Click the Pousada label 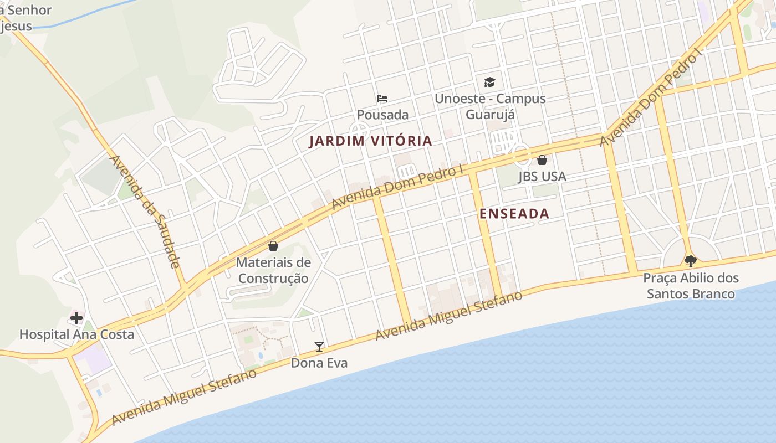(x=382, y=115)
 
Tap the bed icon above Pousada (x=382, y=99)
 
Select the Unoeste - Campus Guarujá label (x=490, y=106)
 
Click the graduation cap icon (x=489, y=83)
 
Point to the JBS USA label (x=542, y=177)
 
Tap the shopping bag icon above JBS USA (x=542, y=160)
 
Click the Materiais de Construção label (x=273, y=270)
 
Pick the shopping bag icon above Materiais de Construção (x=273, y=245)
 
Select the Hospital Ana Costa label (x=76, y=334)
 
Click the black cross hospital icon (x=76, y=318)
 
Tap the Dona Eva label (x=319, y=363)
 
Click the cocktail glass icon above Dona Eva (x=319, y=347)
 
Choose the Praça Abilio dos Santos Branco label (x=691, y=286)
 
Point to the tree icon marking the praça (x=690, y=261)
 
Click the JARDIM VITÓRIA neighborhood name (x=370, y=141)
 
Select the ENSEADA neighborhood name (x=514, y=214)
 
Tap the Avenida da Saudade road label (x=145, y=212)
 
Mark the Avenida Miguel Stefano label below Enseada (x=448, y=316)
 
